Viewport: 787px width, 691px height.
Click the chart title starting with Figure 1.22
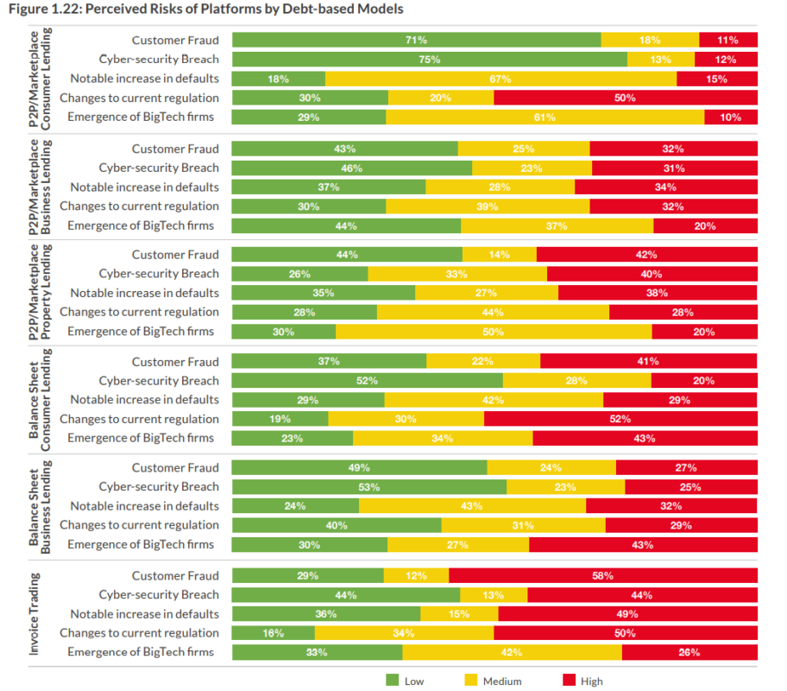coord(205,10)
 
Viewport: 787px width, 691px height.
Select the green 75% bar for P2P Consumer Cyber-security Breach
coord(429,60)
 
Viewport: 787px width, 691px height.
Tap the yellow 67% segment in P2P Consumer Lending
coord(501,79)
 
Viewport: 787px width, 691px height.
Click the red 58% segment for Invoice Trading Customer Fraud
coord(602,575)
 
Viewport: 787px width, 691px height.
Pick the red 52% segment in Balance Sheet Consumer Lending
coord(620,419)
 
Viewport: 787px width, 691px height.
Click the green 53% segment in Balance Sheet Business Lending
coord(368,486)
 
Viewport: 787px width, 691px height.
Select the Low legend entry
coord(405,681)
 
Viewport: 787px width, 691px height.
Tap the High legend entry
coord(582,681)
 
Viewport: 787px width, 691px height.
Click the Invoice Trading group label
coord(35,612)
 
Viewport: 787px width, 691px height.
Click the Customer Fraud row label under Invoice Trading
coord(175,575)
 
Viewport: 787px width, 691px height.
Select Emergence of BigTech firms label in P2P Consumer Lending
coord(140,117)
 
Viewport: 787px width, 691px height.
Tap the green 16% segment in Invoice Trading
coord(274,633)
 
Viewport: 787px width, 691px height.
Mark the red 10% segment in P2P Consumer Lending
coord(730,117)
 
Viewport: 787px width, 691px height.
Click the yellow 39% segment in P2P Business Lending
coord(488,206)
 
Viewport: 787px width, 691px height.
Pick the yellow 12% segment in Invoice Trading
coord(416,575)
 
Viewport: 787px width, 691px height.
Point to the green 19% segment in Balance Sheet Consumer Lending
coord(280,419)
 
